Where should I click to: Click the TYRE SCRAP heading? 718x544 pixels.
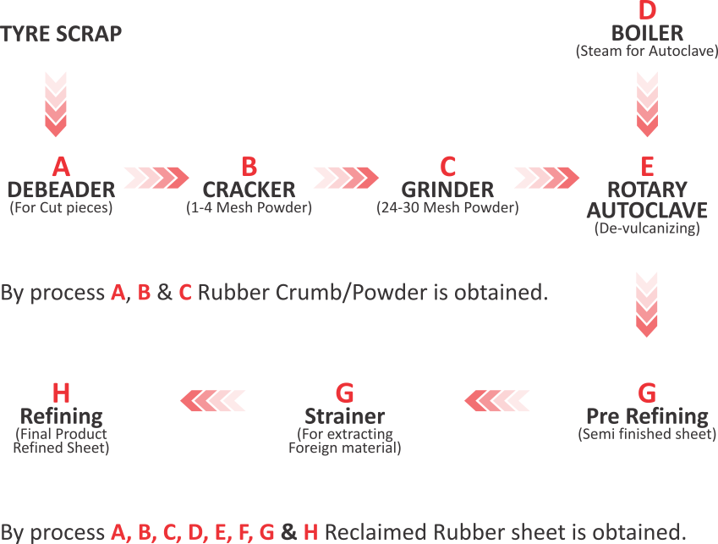(61, 35)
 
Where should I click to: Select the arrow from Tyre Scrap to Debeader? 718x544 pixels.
(55, 104)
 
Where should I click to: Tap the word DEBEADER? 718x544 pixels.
(61, 189)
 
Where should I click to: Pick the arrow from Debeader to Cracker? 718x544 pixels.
(156, 178)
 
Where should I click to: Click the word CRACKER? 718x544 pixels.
(249, 189)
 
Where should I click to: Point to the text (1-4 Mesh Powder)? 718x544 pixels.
(249, 208)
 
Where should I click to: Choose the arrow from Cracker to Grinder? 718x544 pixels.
(344, 178)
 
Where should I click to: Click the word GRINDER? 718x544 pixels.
(447, 189)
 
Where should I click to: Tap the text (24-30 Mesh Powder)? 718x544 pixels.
(447, 208)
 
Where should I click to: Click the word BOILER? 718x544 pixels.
(647, 33)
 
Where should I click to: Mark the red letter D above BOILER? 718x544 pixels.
(647, 12)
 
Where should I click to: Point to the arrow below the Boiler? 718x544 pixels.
(647, 104)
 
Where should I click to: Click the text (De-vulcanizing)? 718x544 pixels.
(647, 228)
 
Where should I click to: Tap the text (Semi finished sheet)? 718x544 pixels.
(647, 435)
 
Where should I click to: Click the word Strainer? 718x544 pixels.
(344, 416)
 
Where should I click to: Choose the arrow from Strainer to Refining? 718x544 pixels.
(215, 399)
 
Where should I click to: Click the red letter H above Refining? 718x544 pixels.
(61, 393)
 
